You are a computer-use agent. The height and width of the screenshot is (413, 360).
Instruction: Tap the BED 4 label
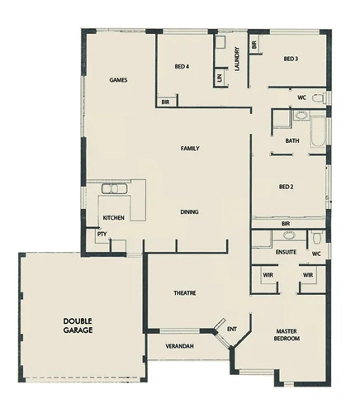[182, 66]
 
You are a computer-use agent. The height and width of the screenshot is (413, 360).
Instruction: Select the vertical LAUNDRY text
[237, 58]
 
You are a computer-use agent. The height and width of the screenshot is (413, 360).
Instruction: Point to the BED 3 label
[290, 59]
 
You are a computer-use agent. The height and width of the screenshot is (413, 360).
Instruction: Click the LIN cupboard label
[220, 78]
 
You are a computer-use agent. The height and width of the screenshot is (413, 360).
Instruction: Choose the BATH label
[291, 140]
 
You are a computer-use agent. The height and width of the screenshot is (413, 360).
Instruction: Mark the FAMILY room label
[191, 149]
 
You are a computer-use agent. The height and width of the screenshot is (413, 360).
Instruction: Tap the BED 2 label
[287, 187]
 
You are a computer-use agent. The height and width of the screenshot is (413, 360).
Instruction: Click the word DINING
[189, 212]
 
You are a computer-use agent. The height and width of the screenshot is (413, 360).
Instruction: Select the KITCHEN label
[113, 218]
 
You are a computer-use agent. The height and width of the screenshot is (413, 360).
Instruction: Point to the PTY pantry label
[102, 234]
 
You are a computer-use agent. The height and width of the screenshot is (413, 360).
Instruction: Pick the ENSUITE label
[286, 251]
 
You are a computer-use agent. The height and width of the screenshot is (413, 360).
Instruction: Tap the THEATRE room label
[184, 293]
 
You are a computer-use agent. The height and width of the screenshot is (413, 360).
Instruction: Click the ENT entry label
[232, 330]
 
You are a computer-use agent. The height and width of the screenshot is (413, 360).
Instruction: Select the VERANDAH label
[179, 345]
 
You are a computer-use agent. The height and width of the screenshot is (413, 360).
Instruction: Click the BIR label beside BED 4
[165, 102]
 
